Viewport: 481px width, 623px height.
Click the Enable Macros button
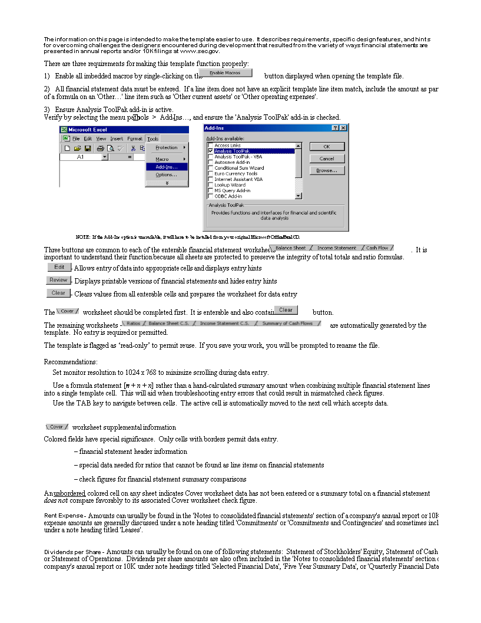click(225, 73)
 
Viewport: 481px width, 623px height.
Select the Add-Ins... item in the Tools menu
click(167, 167)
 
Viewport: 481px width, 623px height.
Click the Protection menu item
click(167, 147)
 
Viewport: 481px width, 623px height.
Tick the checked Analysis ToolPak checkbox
click(210, 151)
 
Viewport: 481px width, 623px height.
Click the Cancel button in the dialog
click(327, 159)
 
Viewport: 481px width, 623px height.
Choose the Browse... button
click(327, 170)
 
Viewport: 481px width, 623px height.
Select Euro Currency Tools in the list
click(235, 174)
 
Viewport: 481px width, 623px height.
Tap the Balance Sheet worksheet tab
click(290, 248)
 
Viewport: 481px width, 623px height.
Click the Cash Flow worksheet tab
click(377, 248)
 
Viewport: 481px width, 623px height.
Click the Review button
click(58, 280)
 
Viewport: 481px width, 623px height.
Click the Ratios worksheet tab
click(133, 324)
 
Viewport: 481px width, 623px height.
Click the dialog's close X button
click(343, 128)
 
